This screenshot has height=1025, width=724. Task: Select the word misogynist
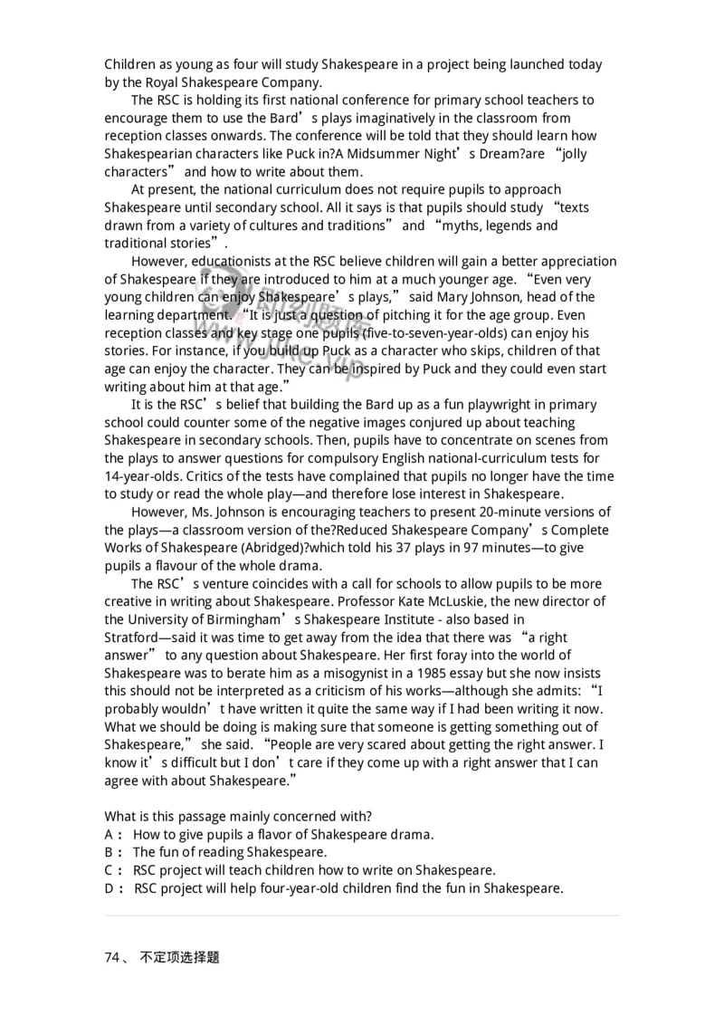[348, 674]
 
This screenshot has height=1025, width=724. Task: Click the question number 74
[112, 957]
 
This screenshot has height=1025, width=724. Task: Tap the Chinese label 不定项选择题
[180, 957]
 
